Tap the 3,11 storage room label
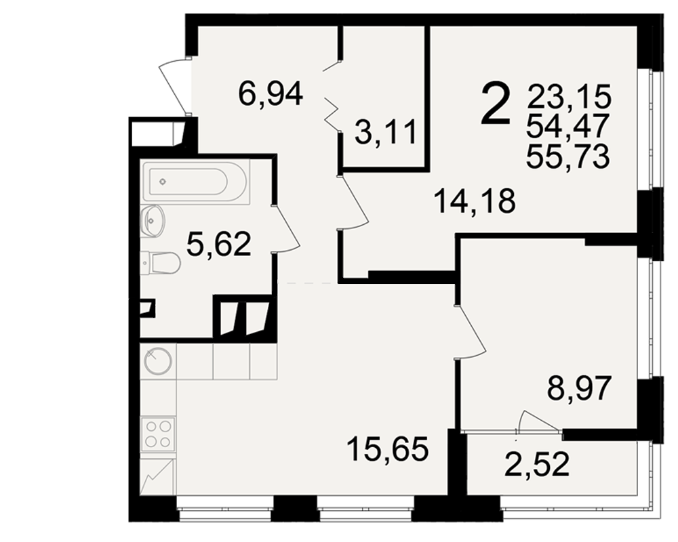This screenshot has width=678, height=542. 386,133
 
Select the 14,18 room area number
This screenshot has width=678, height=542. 475,201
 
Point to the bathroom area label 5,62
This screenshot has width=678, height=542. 218,244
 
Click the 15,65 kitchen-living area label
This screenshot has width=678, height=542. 388,449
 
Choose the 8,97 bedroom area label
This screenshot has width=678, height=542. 580,388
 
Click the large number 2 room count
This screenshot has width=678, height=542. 496,104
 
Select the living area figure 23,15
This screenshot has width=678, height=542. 569,96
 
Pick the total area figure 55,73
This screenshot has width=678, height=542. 568,156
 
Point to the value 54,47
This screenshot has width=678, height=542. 567,126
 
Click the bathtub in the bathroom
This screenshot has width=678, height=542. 195,182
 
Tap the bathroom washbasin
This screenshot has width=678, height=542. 152,220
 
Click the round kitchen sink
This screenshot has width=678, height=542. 158,361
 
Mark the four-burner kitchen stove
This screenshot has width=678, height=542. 158,434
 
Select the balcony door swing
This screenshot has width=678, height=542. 539,420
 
